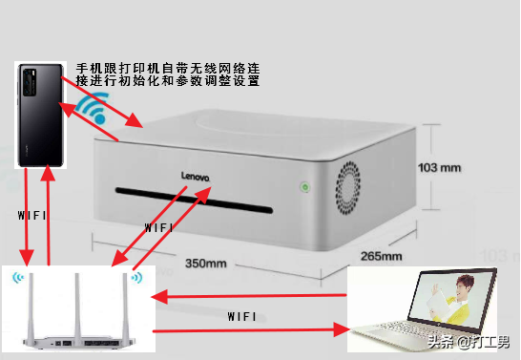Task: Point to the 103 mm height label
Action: pos(440,166)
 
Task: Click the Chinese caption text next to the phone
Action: pos(168,74)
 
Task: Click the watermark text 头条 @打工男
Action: pos(468,341)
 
